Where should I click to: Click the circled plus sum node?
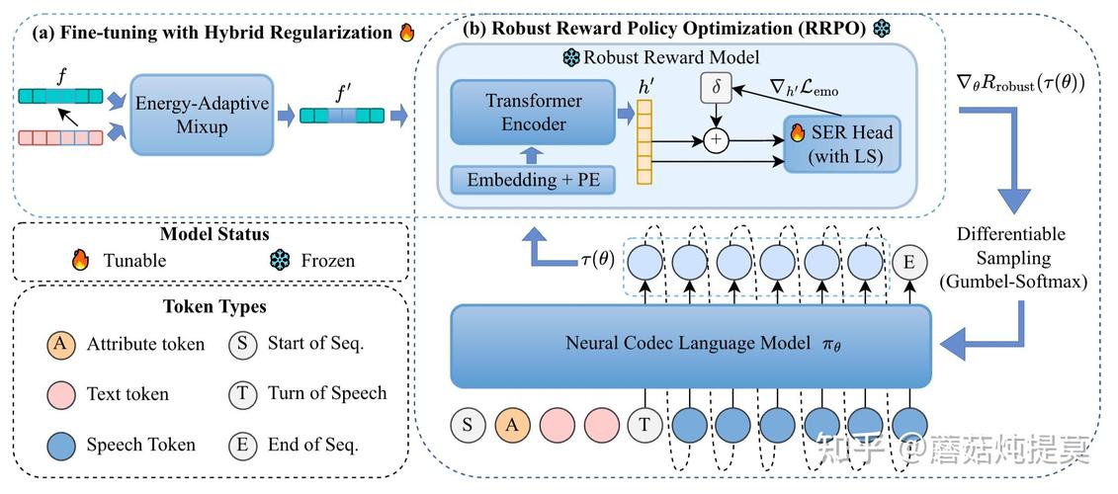(716, 140)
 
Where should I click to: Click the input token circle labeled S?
(467, 425)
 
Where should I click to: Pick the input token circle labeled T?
(645, 425)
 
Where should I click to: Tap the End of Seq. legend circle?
(242, 445)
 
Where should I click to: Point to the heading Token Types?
(214, 306)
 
